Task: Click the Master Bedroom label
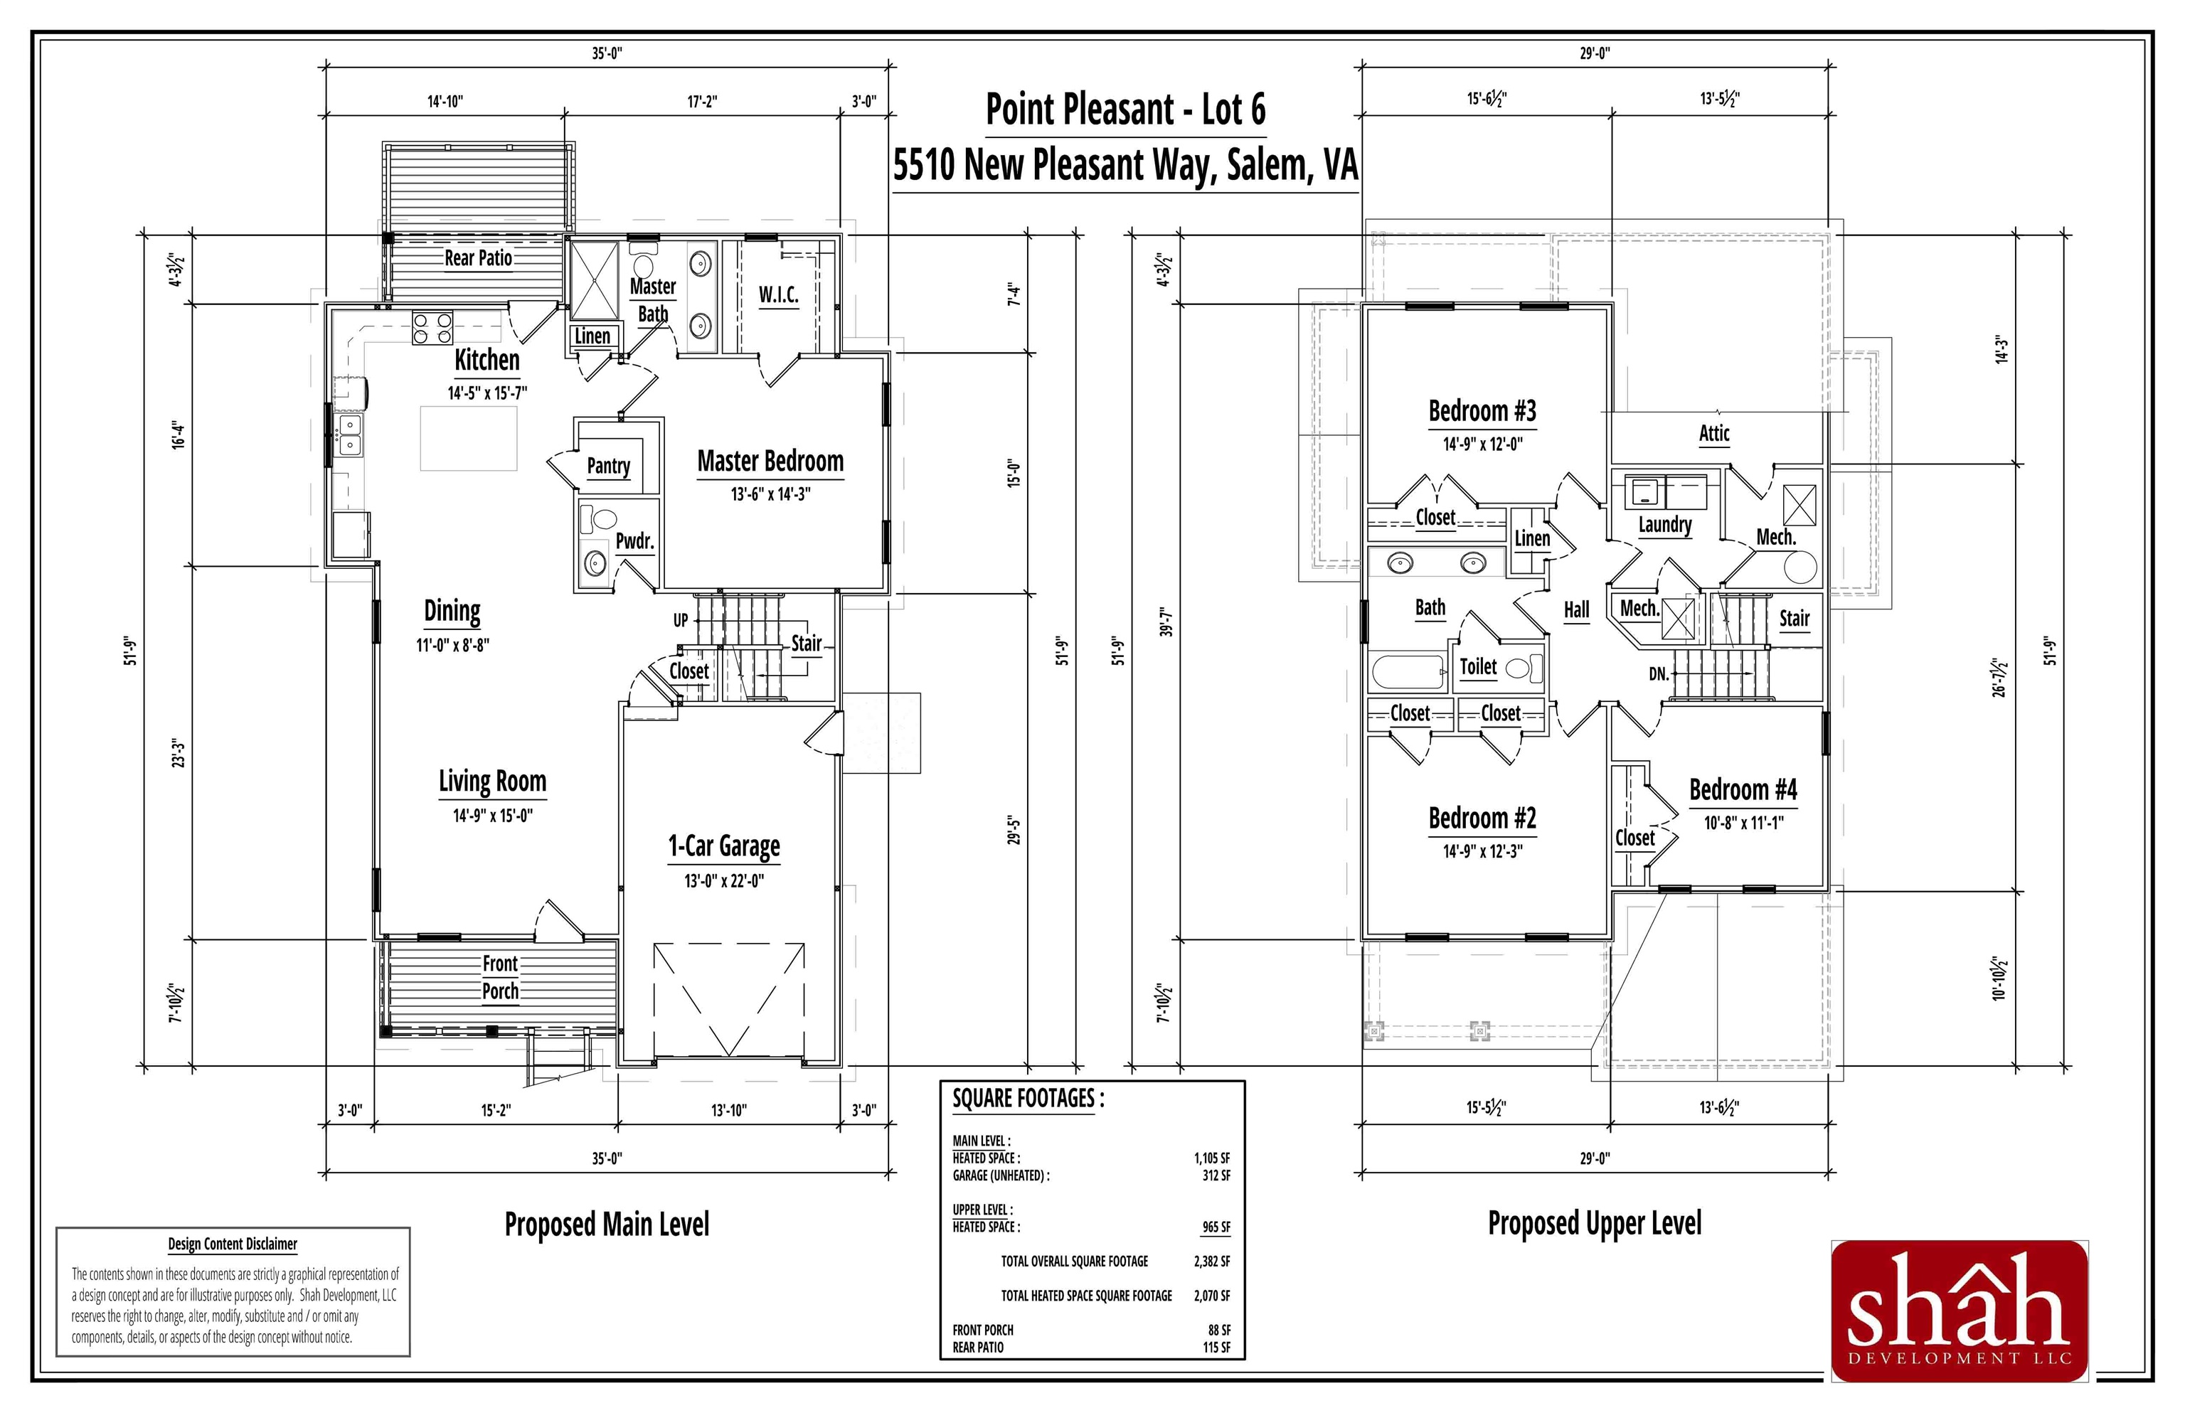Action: click(x=770, y=461)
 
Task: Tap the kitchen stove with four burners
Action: click(x=432, y=328)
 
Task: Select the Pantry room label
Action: click(x=608, y=466)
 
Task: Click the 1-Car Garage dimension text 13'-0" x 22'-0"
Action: click(x=724, y=881)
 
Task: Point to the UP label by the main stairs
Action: click(x=680, y=620)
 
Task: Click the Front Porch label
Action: click(x=500, y=977)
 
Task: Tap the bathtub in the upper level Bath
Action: click(x=1408, y=671)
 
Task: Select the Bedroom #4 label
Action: click(x=1743, y=790)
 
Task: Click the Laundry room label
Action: click(x=1664, y=525)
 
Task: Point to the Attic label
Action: click(x=1713, y=433)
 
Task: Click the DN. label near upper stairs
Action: click(x=1658, y=674)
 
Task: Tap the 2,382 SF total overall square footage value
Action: click(x=1211, y=1262)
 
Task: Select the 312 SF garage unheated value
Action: click(x=1216, y=1175)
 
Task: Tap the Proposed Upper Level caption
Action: click(x=1594, y=1223)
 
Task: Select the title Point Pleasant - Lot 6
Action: click(x=1125, y=110)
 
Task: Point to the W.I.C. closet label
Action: click(x=777, y=294)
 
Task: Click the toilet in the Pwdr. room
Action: click(x=601, y=521)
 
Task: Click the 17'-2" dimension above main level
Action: click(x=702, y=101)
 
